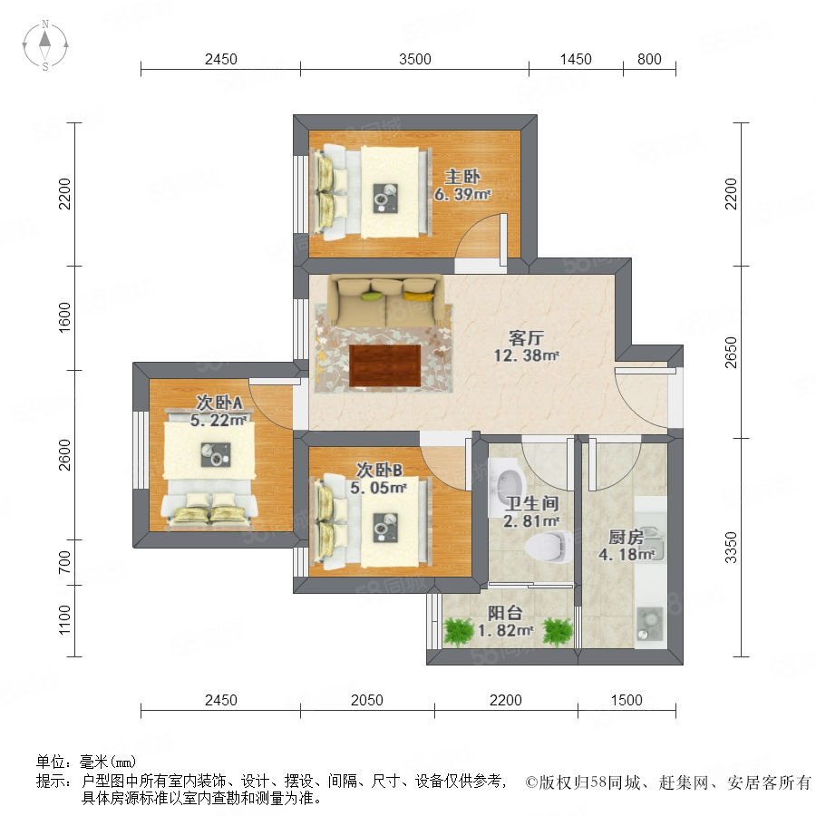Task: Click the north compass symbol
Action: tap(45, 44)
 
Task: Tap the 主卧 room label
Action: tap(462, 177)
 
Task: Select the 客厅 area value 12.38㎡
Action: tap(526, 355)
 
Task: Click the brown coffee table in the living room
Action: tap(385, 365)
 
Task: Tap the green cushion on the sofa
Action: tap(372, 296)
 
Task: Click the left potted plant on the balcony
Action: tap(458, 631)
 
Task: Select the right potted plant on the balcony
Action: tap(558, 631)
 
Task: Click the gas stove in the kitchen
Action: tap(649, 624)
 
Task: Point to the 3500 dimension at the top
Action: tap(414, 59)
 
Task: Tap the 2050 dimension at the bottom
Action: tap(367, 700)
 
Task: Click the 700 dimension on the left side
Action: tap(64, 562)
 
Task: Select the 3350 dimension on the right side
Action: tap(731, 547)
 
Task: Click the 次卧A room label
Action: tap(219, 403)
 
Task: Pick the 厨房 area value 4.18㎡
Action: tap(626, 554)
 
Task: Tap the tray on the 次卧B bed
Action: tap(385, 528)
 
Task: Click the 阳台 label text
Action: tap(505, 613)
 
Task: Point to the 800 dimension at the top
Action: tap(649, 59)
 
